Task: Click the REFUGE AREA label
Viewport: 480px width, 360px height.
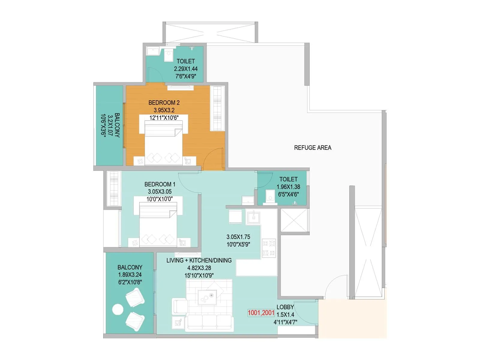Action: coord(313,148)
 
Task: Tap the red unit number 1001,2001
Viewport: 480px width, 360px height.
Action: coord(261,313)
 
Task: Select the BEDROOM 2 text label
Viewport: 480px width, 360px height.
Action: coord(164,103)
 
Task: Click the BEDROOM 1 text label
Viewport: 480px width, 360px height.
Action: coord(160,184)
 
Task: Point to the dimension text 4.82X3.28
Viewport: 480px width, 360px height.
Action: coord(199,268)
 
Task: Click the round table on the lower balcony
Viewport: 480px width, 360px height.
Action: coord(117,310)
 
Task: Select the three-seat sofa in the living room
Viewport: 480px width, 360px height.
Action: coord(209,323)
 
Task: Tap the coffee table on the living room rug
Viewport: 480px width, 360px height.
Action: coord(207,297)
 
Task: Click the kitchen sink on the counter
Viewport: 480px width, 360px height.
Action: coord(253,217)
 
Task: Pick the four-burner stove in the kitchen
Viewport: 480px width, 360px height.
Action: coord(269,248)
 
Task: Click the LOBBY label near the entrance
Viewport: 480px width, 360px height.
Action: coord(285,307)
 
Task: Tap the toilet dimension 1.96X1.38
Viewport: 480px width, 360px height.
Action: coord(288,187)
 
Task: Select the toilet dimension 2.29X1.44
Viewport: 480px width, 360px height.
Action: coord(186,69)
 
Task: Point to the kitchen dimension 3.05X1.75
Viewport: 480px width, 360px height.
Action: coord(238,237)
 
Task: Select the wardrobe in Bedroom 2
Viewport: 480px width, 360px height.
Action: coord(217,108)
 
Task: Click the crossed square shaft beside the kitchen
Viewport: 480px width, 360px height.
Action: coord(294,220)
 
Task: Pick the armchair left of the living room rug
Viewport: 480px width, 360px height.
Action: coord(179,307)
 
